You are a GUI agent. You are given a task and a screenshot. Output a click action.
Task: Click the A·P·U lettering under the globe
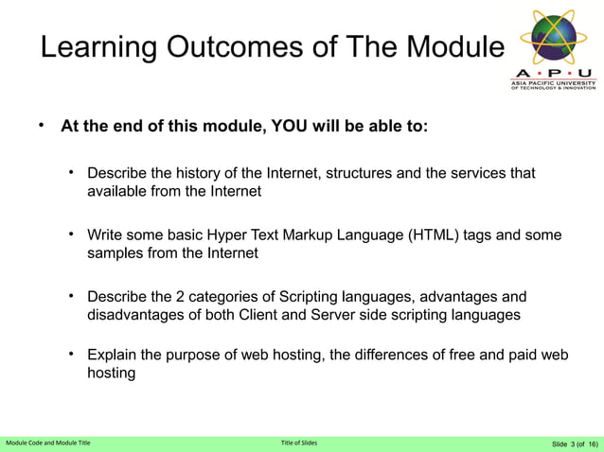click(554, 72)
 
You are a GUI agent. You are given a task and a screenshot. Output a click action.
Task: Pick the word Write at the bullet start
click(106, 235)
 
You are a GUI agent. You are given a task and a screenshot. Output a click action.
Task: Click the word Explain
click(115, 355)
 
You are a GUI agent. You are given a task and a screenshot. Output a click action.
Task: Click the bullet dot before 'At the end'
click(41, 126)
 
